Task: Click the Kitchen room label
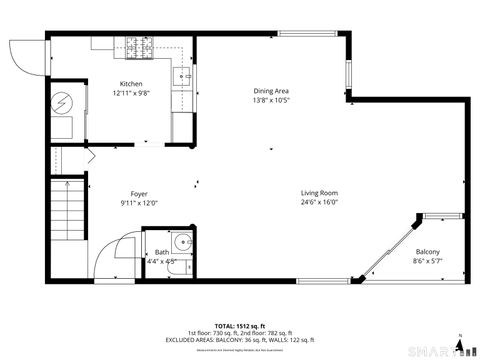[131, 83]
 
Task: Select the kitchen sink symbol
[183, 75]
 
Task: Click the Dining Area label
[271, 90]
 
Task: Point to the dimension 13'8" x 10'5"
[271, 100]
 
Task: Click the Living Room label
[320, 192]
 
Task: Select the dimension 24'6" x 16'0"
[320, 202]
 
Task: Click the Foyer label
[139, 193]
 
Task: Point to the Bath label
[162, 252]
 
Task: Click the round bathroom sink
[180, 244]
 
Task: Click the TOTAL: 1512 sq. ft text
[238, 326]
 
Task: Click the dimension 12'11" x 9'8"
[131, 93]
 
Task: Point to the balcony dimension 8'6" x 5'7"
[427, 261]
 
